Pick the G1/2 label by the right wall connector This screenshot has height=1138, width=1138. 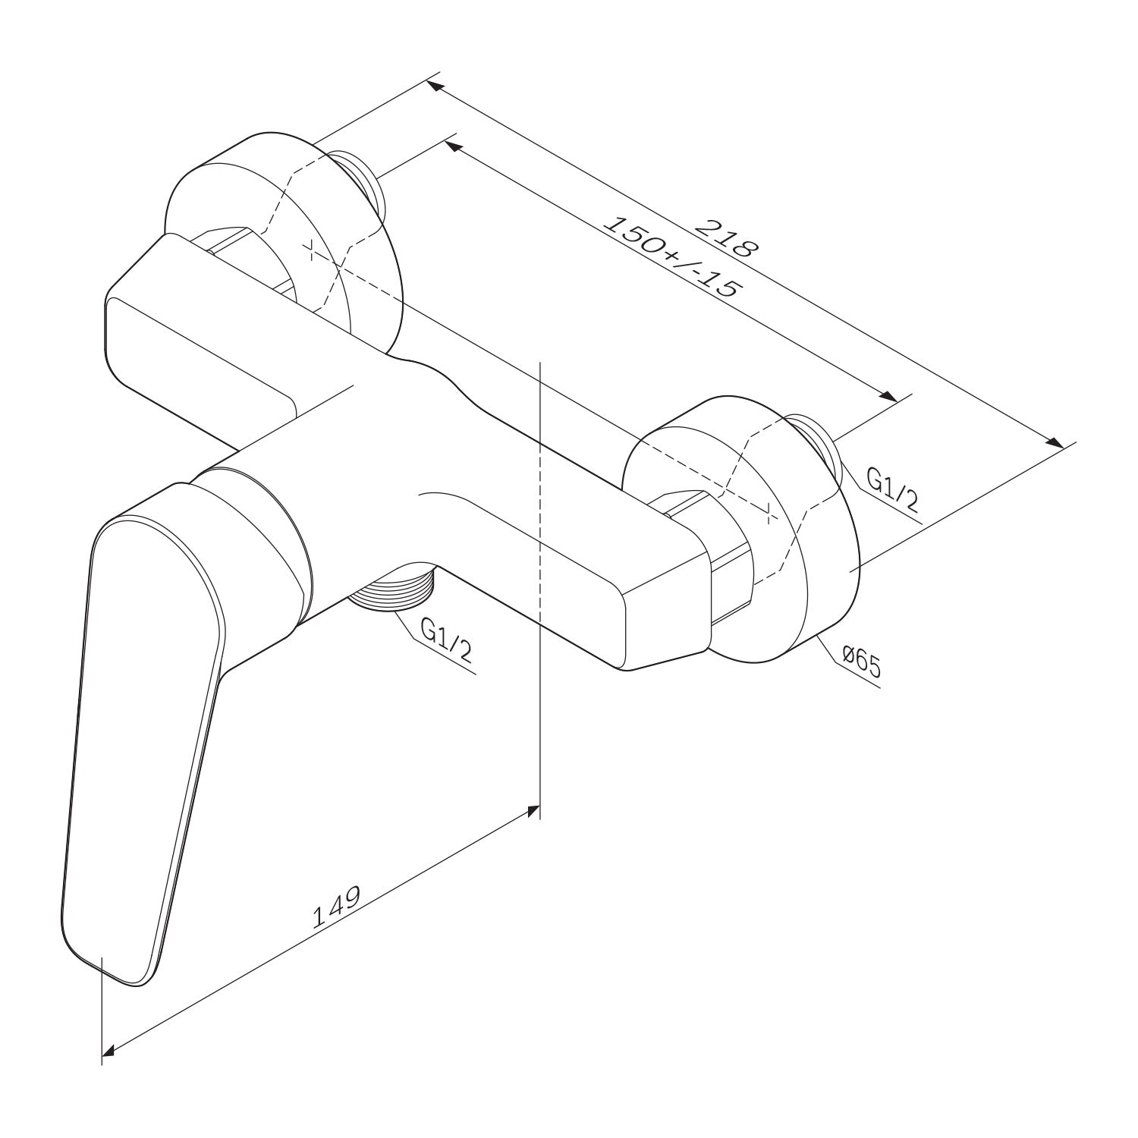coord(893,489)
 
